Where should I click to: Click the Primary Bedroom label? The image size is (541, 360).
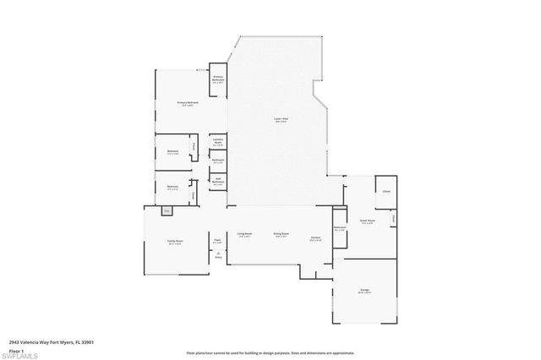186,103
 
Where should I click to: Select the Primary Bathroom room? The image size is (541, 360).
217,79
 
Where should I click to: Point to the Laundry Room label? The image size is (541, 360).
217,142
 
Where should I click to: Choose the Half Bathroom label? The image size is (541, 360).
217,179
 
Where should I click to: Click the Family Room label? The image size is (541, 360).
174,242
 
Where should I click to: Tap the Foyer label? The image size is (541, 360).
217,241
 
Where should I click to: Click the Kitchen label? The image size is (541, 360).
314,237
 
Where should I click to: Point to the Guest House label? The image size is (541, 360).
367,222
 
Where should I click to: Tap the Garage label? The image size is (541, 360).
365,292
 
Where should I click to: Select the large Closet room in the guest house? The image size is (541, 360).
387,190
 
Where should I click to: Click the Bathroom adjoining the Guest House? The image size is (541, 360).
340,227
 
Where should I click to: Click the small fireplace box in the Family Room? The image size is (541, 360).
167,210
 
